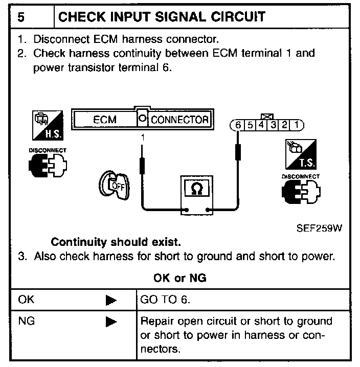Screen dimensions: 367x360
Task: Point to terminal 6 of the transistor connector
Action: click(x=238, y=125)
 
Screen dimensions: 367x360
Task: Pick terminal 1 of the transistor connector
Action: click(x=297, y=125)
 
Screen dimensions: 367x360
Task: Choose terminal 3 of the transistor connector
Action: click(x=274, y=125)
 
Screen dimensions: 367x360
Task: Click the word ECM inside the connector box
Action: click(x=105, y=120)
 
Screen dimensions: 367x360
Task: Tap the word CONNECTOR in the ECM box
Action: click(x=179, y=120)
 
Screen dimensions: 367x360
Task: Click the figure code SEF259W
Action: click(x=319, y=228)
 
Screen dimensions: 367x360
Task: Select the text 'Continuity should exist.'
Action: click(x=116, y=241)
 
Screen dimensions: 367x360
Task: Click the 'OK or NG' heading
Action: click(x=179, y=278)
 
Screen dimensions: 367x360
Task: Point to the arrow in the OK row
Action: click(x=111, y=301)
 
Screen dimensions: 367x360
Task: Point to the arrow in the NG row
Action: click(x=111, y=322)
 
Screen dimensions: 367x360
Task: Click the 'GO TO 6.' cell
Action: click(x=165, y=300)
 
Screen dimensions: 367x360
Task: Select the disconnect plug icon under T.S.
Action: click(x=300, y=191)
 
